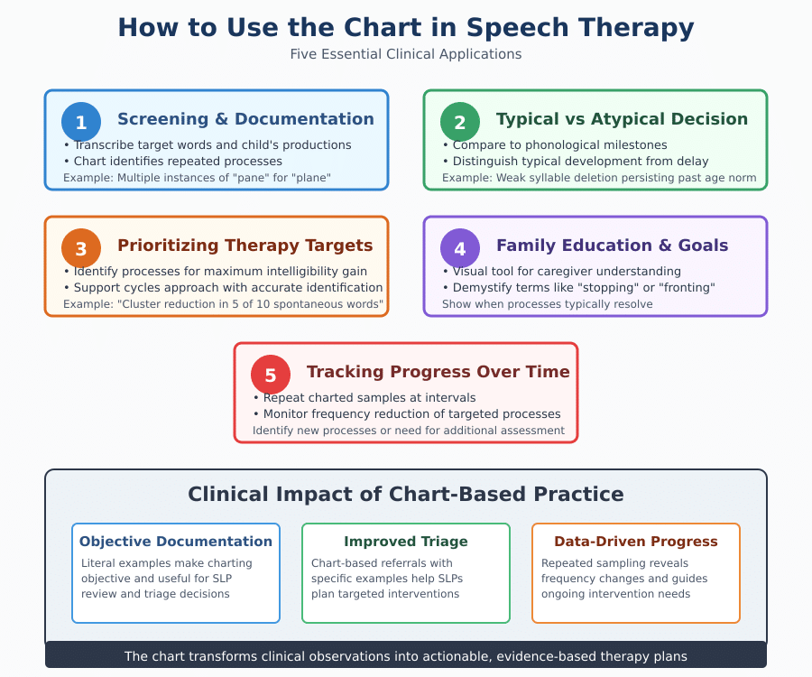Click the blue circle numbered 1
pyautogui.click(x=81, y=122)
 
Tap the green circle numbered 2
pyautogui.click(x=460, y=122)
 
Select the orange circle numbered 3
pyautogui.click(x=81, y=248)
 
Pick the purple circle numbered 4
pyautogui.click(x=460, y=248)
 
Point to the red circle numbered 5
pyautogui.click(x=271, y=375)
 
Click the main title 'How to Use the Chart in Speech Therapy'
pyautogui.click(x=406, y=28)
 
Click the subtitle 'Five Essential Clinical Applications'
pyautogui.click(x=406, y=54)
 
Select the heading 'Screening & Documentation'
pyautogui.click(x=245, y=119)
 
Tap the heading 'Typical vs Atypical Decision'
pyautogui.click(x=622, y=119)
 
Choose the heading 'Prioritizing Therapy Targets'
pyautogui.click(x=245, y=246)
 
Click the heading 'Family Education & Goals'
pyautogui.click(x=612, y=246)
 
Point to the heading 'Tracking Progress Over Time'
pyautogui.click(x=438, y=372)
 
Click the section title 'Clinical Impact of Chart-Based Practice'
pyautogui.click(x=406, y=494)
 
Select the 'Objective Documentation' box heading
pyautogui.click(x=176, y=542)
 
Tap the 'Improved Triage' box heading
pyautogui.click(x=406, y=542)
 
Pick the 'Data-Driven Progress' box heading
pyautogui.click(x=636, y=542)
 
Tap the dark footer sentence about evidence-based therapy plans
pyautogui.click(x=406, y=656)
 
